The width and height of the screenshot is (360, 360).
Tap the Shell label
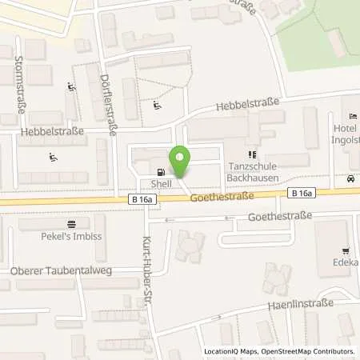coord(162,183)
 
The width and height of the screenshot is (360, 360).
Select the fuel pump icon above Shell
coord(162,171)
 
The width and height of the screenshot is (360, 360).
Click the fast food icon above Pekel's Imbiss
coord(72,224)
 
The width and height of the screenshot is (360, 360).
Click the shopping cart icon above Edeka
coord(345,250)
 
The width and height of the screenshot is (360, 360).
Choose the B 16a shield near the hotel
coord(301,193)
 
